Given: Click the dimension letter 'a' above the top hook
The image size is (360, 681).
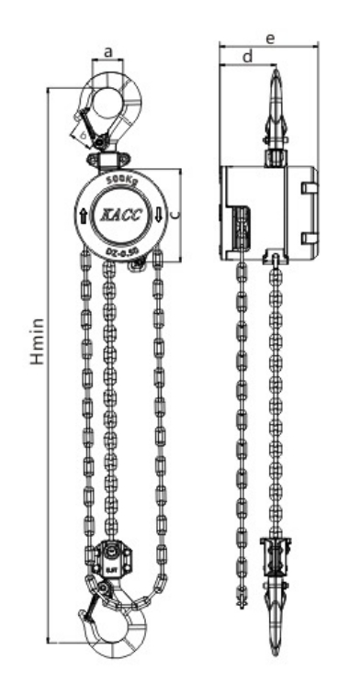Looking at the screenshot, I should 109,53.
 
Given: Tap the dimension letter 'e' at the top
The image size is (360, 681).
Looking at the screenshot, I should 269,39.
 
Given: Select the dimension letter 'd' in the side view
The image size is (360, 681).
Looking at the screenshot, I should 246,58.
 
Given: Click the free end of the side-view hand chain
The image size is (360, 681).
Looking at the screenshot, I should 242,606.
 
